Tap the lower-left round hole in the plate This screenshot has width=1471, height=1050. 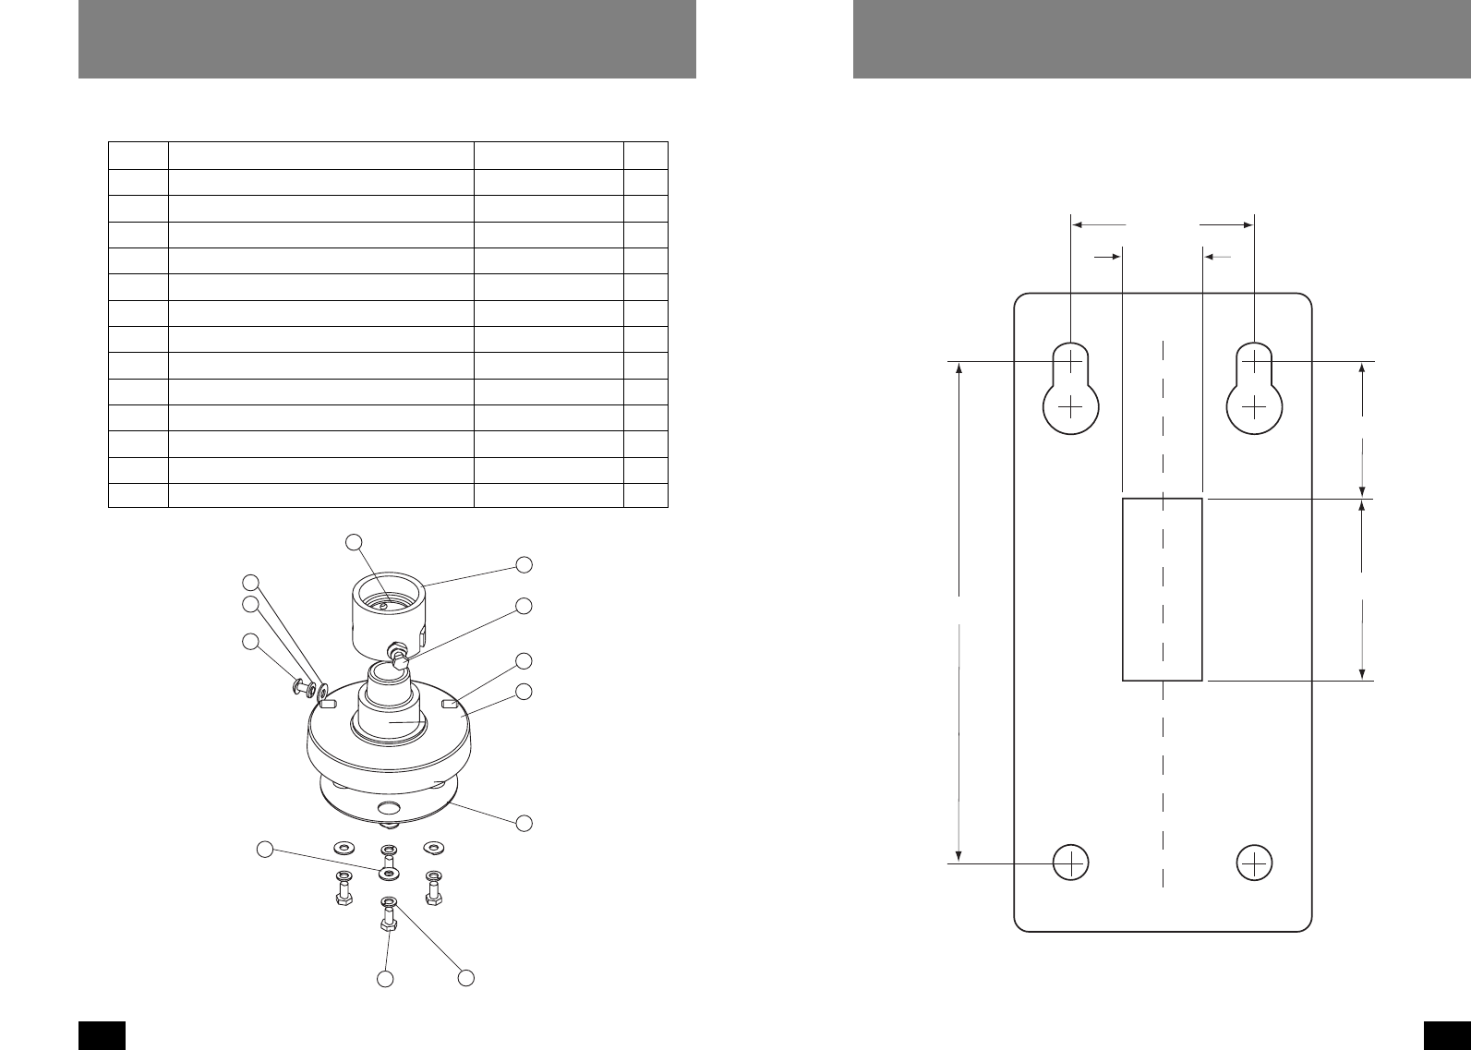point(1070,862)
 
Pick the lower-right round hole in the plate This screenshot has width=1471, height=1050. point(1254,862)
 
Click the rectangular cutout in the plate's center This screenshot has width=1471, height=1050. point(1162,589)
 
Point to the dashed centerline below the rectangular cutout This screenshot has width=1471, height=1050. point(1163,785)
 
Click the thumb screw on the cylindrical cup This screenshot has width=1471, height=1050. point(400,658)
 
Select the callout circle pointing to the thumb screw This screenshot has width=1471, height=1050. point(524,607)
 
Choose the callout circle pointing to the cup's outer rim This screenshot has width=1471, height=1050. point(524,563)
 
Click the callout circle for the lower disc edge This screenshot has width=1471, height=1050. point(524,823)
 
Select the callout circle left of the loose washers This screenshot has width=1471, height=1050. point(265,849)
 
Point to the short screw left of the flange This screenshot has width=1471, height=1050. point(300,687)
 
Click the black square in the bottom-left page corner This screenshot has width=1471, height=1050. point(102,1035)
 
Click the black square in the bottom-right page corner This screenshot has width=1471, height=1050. point(1448,1035)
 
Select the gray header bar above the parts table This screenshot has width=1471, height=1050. point(387,39)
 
